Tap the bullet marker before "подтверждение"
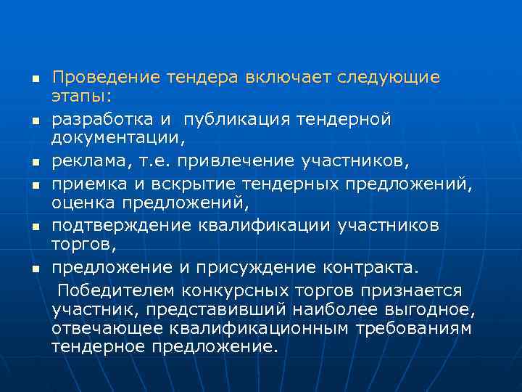pyautogui.click(x=34, y=226)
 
